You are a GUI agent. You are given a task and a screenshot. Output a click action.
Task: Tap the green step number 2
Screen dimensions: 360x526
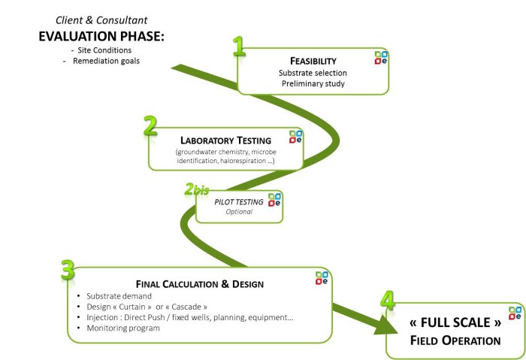[x=150, y=126]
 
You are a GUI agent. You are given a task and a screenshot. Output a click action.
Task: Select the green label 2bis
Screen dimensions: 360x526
[x=196, y=190]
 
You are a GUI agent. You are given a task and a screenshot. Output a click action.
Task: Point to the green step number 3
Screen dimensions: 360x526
[x=68, y=270]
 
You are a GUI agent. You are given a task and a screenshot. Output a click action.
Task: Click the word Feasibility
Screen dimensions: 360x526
[x=313, y=60]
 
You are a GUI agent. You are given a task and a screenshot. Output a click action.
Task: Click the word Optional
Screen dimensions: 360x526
[x=240, y=212]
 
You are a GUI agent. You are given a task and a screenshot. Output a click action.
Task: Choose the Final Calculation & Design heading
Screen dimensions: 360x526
[x=200, y=283]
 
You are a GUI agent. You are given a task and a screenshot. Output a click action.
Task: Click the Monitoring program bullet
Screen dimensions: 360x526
[x=122, y=328]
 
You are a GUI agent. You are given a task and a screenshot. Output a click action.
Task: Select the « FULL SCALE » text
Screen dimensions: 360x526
[x=455, y=324]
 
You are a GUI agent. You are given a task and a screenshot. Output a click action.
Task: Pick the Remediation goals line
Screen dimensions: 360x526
[x=106, y=61]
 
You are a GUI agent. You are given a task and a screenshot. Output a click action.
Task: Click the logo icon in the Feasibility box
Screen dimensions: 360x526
[x=382, y=58]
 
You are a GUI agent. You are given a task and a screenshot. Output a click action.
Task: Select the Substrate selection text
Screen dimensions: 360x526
[x=313, y=73]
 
